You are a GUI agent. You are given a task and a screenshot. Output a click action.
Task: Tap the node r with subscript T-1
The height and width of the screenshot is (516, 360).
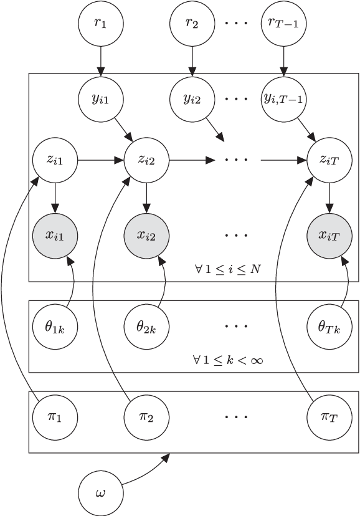[x=284, y=26]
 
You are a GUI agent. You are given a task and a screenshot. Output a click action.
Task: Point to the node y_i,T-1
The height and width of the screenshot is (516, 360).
[x=284, y=98]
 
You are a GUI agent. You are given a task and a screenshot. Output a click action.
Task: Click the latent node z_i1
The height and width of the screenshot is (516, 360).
[x=54, y=160]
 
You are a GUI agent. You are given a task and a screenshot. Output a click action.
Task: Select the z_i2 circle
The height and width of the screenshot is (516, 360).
[x=146, y=160]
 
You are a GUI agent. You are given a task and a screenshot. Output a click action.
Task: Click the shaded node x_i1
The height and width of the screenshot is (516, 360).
[x=54, y=235]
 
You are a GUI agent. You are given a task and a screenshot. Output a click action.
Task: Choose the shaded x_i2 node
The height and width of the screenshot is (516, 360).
[x=146, y=235]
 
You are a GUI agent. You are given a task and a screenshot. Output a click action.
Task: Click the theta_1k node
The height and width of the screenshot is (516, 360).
[x=54, y=326]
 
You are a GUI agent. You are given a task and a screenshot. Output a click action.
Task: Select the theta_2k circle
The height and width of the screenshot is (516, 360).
[x=146, y=326]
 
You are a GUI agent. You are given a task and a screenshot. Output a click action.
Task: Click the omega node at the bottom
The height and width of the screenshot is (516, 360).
[x=100, y=492]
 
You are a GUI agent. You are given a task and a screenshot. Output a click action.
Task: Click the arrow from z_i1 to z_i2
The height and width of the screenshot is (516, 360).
[x=100, y=160]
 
